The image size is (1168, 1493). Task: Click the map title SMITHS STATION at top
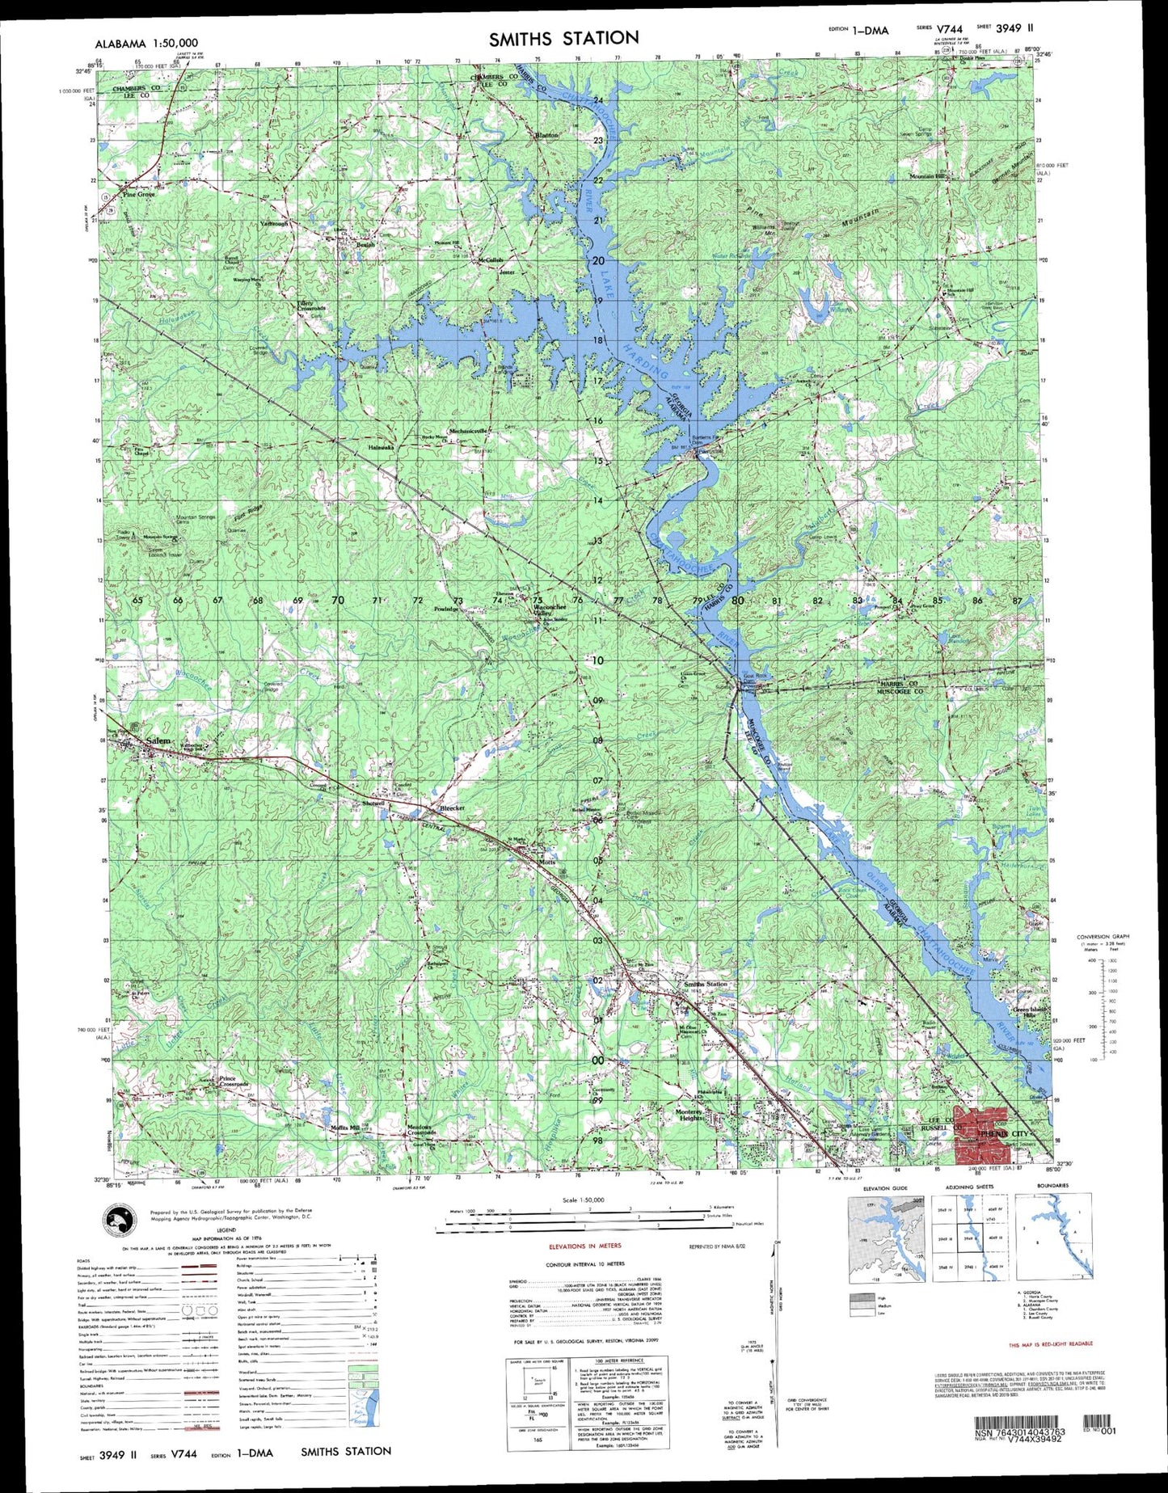(x=563, y=37)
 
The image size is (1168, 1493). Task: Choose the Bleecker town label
(x=451, y=809)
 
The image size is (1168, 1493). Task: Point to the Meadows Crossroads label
(x=420, y=1130)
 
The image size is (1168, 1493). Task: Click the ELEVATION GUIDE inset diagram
(x=885, y=1239)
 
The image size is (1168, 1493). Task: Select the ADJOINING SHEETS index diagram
(x=968, y=1239)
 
